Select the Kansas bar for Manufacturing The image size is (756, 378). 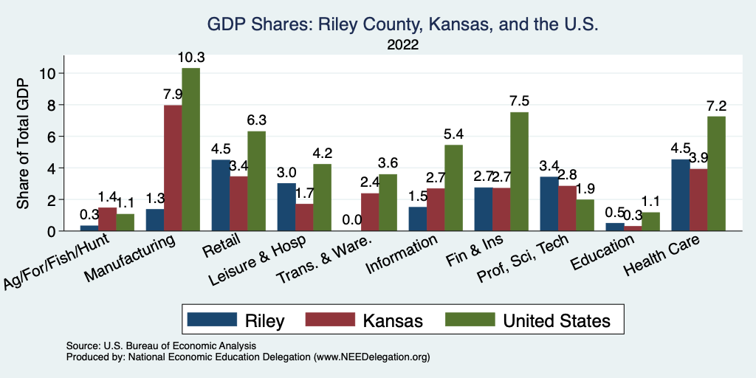pos(173,168)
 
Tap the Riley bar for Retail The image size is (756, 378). pos(221,195)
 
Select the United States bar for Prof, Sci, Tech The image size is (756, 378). pos(583,215)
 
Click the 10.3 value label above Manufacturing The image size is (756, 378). pos(190,57)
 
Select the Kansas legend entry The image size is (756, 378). pos(368,320)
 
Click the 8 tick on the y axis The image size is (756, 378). pos(51,105)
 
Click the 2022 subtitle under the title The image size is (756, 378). pos(402,46)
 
